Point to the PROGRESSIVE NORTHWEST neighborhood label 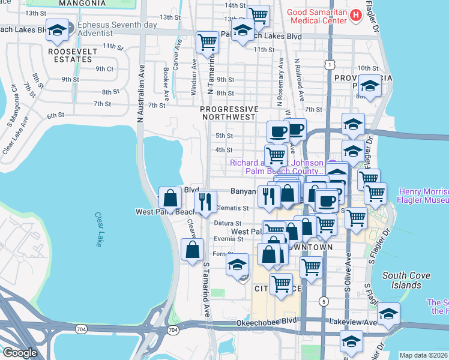coord(229,113)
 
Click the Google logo coord(20,353)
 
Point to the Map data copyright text coord(423,355)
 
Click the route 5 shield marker coord(324,301)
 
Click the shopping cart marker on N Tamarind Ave coord(207,41)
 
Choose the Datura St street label coord(227,223)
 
